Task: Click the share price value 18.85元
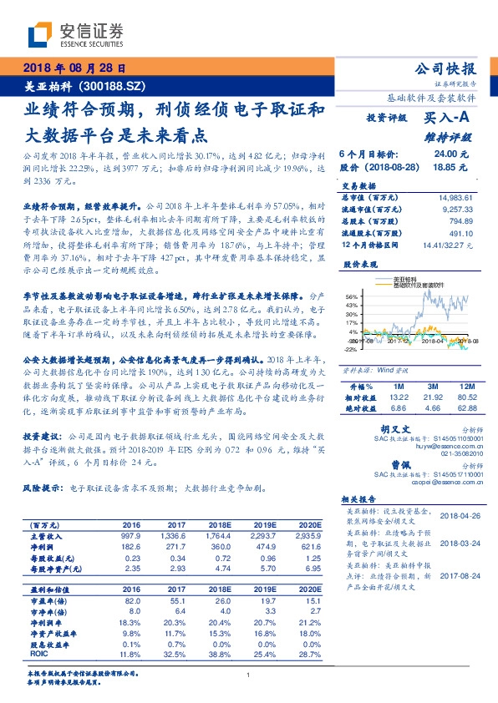451,167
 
